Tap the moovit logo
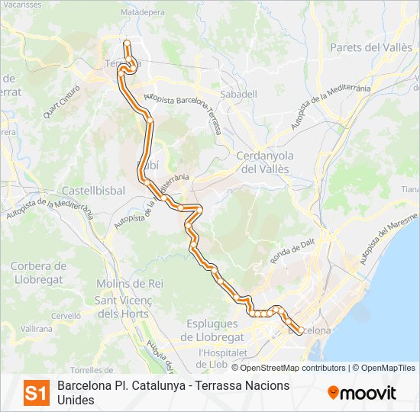362,393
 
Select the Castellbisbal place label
93,190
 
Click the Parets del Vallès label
371,47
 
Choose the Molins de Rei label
130,283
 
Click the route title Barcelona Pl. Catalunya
127,385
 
